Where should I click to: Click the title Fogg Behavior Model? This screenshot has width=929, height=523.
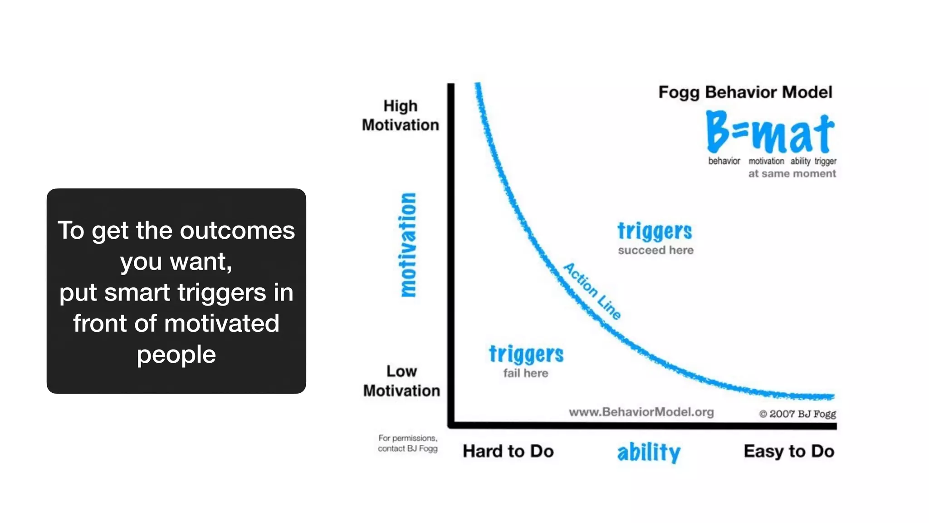[x=745, y=92]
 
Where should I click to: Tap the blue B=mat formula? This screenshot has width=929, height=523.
[x=770, y=133]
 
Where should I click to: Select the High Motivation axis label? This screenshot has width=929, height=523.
[x=401, y=115]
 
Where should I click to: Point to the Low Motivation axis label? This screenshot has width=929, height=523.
[x=401, y=381]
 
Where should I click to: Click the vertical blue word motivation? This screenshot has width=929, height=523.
[x=408, y=245]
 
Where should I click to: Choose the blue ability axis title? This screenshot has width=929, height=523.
[x=649, y=452]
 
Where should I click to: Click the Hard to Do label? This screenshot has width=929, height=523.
[x=508, y=451]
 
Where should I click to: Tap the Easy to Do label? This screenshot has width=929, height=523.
[x=789, y=451]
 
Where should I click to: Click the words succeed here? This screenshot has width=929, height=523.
[x=655, y=250]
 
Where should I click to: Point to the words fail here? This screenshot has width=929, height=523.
[x=526, y=373]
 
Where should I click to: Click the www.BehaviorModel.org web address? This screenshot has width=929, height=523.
[x=641, y=412]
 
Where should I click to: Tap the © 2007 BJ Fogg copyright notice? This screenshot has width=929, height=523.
[x=797, y=414]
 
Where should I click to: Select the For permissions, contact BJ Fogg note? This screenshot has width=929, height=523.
[x=408, y=444]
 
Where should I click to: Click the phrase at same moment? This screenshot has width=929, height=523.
[x=792, y=173]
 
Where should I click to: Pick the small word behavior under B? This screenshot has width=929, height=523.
[x=724, y=161]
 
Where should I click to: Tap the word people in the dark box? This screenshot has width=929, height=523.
[x=176, y=355]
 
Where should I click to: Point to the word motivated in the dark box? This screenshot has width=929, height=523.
[x=221, y=324]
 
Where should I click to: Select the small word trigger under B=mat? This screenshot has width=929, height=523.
[x=825, y=161]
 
